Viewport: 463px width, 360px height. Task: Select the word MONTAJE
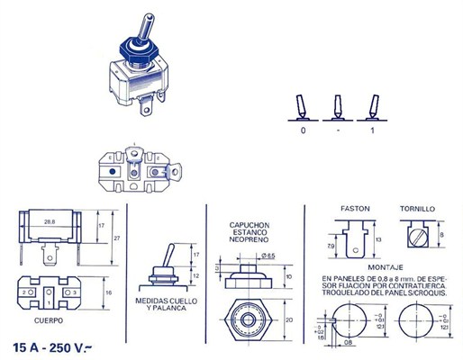pyautogui.click(x=385, y=267)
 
